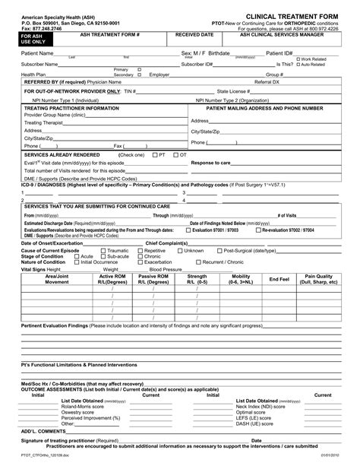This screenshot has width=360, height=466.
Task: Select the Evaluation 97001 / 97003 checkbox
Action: coord(190,229)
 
